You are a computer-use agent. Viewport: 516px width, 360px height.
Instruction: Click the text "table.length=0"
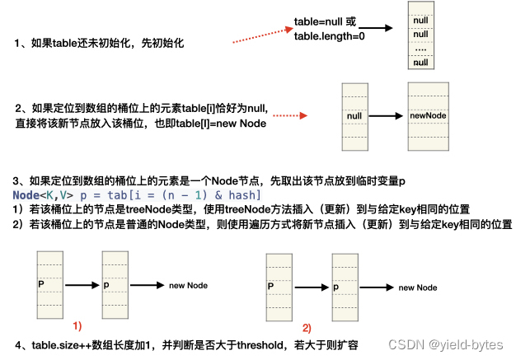click(330, 36)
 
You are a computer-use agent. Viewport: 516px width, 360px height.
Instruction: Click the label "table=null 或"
click(326, 21)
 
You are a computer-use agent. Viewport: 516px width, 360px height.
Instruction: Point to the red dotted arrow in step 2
click(290, 116)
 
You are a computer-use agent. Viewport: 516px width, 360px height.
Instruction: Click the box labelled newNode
click(428, 116)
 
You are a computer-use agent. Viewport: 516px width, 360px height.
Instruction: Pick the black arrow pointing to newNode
click(387, 116)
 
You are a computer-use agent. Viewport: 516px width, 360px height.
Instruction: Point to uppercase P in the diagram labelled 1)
click(40, 283)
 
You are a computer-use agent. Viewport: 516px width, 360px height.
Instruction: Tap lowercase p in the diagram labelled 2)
click(337, 288)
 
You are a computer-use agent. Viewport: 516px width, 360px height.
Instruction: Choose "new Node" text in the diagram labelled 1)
click(188, 285)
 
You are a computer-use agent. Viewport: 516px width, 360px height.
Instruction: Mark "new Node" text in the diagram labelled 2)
click(417, 288)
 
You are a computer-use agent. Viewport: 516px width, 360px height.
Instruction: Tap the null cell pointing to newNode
click(355, 116)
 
